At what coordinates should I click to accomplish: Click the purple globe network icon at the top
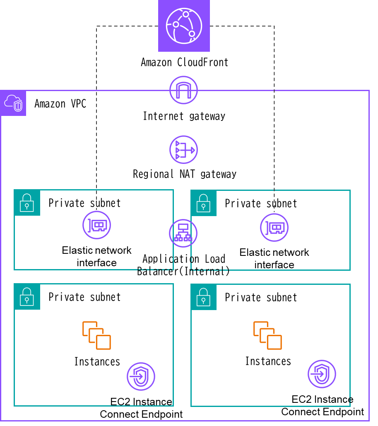coord(184,26)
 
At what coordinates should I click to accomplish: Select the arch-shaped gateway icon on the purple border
coord(183,90)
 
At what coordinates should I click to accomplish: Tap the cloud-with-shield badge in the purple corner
coord(13,103)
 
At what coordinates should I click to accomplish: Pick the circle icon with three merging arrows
coord(183,149)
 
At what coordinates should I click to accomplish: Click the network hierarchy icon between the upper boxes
coord(183,233)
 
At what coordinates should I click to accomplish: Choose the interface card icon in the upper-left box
coord(96,225)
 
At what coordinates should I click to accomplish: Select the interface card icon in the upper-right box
coord(274,227)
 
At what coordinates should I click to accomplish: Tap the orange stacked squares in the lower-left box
coord(96,335)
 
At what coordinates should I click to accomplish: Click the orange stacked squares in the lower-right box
coord(267,335)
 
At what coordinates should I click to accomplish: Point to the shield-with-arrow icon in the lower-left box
coord(141,376)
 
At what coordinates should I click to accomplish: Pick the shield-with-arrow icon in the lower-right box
coord(322,374)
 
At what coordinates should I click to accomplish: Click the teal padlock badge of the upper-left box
coord(27,202)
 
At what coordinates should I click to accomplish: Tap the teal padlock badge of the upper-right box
coord(203,203)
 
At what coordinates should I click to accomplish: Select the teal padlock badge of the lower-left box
coord(27,296)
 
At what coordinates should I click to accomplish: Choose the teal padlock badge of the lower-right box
coord(203,297)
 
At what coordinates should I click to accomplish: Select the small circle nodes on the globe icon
coord(186,14)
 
